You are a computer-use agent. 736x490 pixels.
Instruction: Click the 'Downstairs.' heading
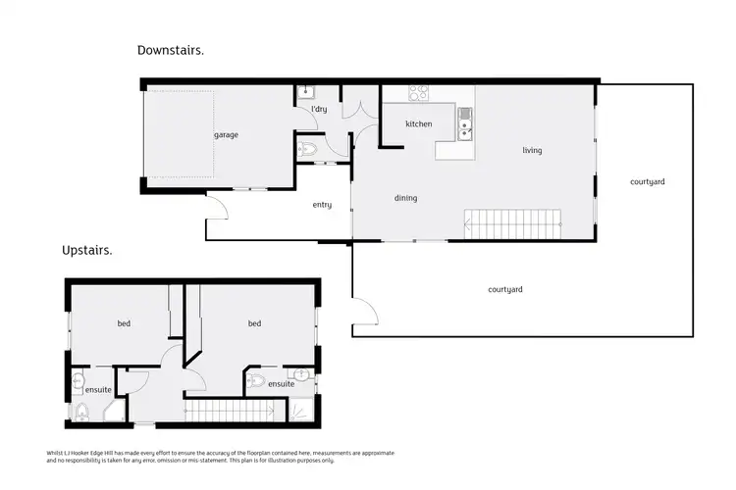click(x=171, y=50)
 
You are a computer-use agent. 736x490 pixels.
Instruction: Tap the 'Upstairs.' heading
click(x=87, y=251)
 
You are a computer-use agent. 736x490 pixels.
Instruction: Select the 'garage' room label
click(x=226, y=135)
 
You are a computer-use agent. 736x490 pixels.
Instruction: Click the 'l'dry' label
click(x=319, y=109)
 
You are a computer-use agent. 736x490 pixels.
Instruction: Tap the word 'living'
click(x=532, y=151)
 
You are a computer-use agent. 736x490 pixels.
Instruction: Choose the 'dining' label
click(x=405, y=198)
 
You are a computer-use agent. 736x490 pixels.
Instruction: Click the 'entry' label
click(x=322, y=205)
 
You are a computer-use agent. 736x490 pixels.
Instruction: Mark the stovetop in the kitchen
click(x=419, y=94)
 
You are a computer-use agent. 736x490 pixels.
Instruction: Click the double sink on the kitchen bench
click(x=464, y=125)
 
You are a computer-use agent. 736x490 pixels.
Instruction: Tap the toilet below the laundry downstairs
click(x=308, y=150)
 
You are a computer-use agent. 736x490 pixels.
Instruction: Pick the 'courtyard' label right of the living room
click(x=648, y=182)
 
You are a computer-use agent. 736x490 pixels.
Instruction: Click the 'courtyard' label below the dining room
click(x=504, y=289)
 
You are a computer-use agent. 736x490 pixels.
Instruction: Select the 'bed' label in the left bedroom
click(x=125, y=323)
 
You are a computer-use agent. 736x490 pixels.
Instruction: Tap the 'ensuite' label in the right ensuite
click(x=281, y=384)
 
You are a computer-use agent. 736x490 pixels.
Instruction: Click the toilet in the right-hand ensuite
click(x=255, y=380)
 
